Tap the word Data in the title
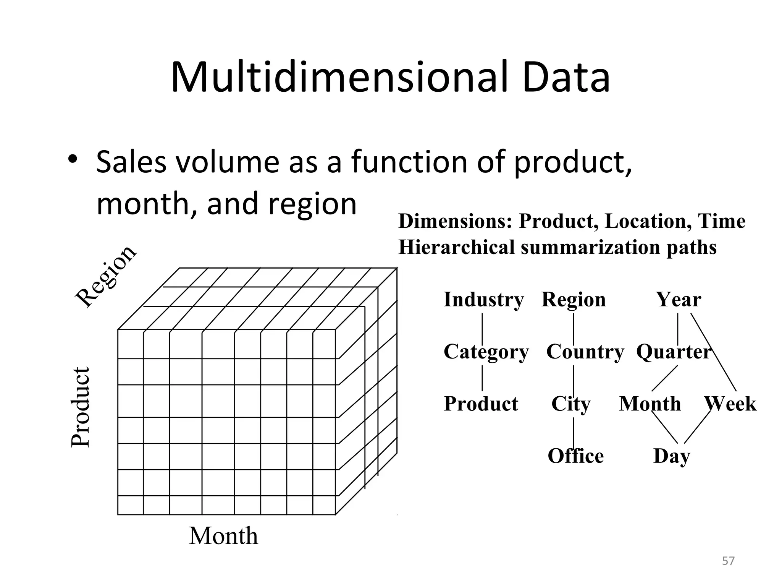[x=567, y=78]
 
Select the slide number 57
[x=728, y=561]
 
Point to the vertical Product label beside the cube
[x=81, y=407]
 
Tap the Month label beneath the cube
[x=223, y=536]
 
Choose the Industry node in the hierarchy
[x=483, y=300]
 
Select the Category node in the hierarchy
[x=486, y=352]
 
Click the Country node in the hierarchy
[x=585, y=352]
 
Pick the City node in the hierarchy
[x=571, y=404]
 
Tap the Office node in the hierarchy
[x=576, y=456]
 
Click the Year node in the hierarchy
[x=679, y=300]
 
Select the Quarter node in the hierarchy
[x=674, y=352]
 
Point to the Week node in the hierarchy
[x=730, y=404]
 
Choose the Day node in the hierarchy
[x=672, y=456]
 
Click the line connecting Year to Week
[x=713, y=352]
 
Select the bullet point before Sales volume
[x=73, y=159]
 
